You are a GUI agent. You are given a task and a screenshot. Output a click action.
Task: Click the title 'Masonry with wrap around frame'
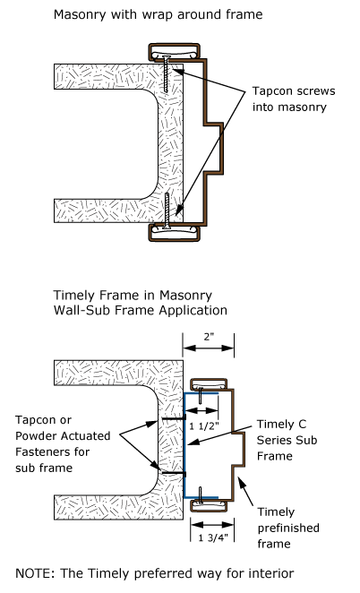point(159,14)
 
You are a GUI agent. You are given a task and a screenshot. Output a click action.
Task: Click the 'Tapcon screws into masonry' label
point(294,99)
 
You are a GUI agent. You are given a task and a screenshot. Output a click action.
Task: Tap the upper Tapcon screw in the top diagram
point(167,73)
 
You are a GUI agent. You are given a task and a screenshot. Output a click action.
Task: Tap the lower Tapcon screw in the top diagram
point(167,211)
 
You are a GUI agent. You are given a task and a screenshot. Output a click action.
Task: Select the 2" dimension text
point(209,337)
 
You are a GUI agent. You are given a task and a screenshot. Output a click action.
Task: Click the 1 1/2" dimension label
point(204,426)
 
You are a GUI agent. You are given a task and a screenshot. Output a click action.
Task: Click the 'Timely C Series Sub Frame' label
point(287,440)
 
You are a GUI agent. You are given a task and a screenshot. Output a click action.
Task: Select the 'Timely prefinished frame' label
point(288,528)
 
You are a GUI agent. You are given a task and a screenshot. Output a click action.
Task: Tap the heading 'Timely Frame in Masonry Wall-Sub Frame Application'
point(141,303)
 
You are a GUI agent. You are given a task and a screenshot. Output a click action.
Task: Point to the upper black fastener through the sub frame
point(174,418)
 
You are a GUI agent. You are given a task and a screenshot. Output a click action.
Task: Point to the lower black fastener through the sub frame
point(174,473)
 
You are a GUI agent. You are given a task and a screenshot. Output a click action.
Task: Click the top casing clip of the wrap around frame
point(174,52)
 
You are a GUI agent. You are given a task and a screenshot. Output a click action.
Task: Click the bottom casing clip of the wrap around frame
point(174,232)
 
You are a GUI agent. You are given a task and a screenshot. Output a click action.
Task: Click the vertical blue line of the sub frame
point(184,445)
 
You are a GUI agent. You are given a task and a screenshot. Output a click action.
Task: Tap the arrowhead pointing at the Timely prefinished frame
point(240,481)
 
